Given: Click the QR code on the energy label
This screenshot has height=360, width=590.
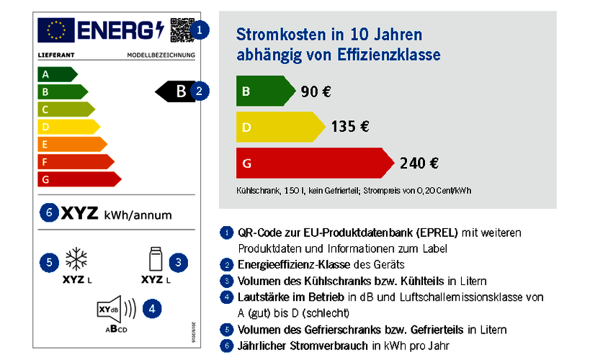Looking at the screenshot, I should coord(181,30).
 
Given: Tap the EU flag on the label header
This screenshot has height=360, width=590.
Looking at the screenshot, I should coord(55,30).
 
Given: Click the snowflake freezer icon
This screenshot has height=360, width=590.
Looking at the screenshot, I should coord(75,260).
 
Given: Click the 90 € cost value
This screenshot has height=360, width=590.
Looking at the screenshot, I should coord(316,91).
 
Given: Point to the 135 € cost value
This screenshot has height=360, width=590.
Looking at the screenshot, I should coord(350,127).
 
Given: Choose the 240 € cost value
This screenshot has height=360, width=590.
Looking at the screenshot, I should coord(419,163).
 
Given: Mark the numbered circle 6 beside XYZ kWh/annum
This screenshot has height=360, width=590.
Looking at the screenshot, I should coord(49,214).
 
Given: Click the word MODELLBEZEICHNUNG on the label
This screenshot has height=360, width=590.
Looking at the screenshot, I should coord(161,55).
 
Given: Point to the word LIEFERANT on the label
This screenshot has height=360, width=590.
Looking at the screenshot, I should coord(52,55).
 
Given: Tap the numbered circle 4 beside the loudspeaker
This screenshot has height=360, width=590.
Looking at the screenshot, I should coord(151,308).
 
